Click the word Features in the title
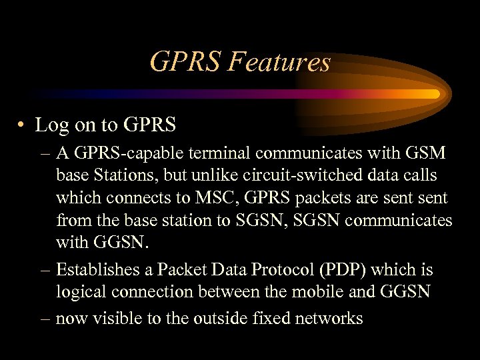[x=279, y=63]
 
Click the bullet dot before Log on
[x=23, y=125]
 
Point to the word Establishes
[x=101, y=270]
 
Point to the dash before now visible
[x=44, y=318]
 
